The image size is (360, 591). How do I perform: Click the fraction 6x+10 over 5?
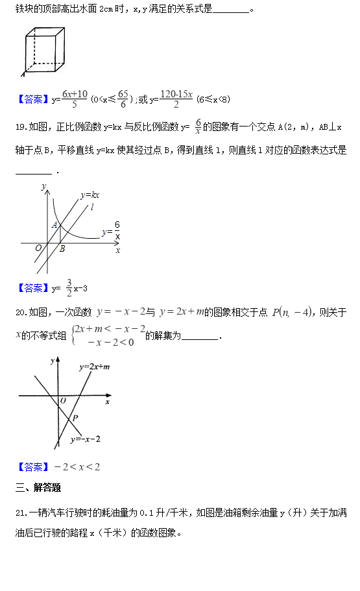[75, 99]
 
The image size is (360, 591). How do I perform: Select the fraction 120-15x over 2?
[176, 99]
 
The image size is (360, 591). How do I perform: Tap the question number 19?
[20, 126]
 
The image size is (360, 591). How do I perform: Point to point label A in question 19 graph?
[55, 225]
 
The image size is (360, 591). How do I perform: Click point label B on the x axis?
[62, 249]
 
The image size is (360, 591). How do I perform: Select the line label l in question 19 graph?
[93, 208]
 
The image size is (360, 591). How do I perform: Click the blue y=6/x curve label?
[111, 230]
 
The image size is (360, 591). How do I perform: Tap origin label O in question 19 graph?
[38, 248]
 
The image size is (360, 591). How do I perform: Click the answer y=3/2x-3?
[69, 287]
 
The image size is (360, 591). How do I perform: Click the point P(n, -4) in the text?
[293, 312]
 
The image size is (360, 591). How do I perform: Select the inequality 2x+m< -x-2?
[110, 329]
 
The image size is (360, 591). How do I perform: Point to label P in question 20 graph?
[75, 418]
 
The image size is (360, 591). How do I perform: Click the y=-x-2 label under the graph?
[86, 440]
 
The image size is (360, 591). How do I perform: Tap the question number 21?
[20, 513]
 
